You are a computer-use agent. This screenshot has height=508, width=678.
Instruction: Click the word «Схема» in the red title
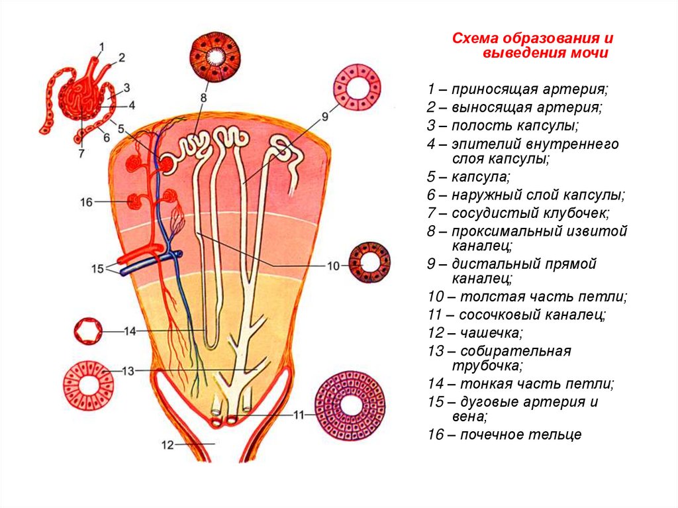(x=475, y=38)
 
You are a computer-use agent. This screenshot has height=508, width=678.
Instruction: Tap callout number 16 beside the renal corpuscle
(x=86, y=202)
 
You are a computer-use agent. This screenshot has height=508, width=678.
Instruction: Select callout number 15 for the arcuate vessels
(x=97, y=269)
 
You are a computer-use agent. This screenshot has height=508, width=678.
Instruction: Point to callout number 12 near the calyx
(x=168, y=444)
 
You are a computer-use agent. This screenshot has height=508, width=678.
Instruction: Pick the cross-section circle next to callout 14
(x=89, y=331)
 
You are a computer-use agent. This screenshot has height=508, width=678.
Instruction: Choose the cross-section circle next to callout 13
(x=89, y=385)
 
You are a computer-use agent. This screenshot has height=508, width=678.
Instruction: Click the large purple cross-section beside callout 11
(x=350, y=405)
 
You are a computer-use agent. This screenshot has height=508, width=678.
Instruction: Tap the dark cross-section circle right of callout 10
(x=369, y=263)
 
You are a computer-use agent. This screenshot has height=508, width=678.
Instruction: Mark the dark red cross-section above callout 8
(x=215, y=56)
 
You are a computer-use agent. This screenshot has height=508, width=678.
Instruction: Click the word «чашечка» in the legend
(x=491, y=332)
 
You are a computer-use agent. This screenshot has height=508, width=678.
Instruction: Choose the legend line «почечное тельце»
(x=520, y=434)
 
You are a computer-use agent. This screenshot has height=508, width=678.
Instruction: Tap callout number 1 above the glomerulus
(x=101, y=47)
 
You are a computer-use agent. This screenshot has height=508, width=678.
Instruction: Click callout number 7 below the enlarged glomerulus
(x=81, y=153)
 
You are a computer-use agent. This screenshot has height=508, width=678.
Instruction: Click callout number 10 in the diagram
(x=334, y=266)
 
